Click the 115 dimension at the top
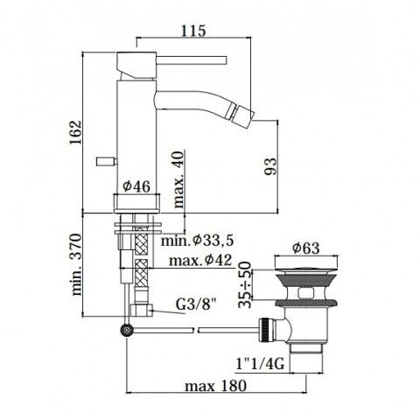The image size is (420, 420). click(193, 31)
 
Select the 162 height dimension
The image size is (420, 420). click(75, 132)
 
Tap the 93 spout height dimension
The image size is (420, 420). click(270, 166)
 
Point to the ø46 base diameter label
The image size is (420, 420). click(136, 186)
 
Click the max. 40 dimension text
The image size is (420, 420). click(178, 179)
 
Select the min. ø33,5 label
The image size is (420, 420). click(198, 241)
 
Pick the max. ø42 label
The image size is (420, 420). click(200, 260)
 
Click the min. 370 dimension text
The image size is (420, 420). click(76, 264)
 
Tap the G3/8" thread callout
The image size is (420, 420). click(197, 304)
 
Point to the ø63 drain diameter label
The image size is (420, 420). click(306, 248)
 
